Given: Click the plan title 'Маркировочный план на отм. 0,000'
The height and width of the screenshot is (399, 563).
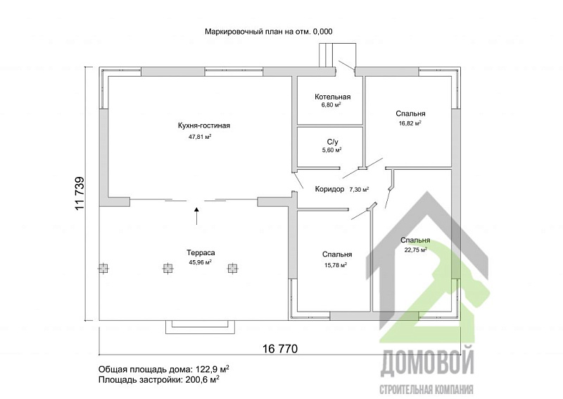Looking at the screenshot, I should point(268,31).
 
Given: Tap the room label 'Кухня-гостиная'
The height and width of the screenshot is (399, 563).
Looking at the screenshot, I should point(204,125).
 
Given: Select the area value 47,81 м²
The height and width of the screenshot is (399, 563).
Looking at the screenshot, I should point(200,137).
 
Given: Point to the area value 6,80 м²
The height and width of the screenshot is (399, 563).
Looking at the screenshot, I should point(328,105).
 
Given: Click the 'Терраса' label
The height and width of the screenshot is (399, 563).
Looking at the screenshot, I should point(201,252).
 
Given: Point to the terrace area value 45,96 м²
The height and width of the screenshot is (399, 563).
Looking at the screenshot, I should point(200,262).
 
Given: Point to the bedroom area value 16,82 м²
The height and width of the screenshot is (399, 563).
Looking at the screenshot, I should point(410,123).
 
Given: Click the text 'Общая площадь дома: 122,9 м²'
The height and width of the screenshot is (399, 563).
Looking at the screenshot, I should point(161,369).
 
